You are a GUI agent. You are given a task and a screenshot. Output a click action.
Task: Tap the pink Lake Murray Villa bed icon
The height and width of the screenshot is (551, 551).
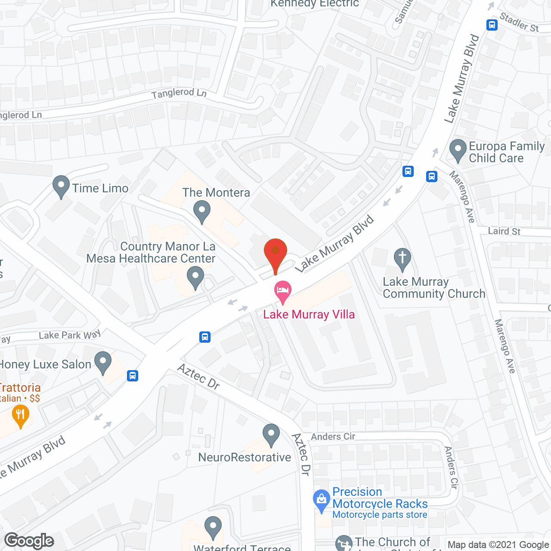(x=283, y=291)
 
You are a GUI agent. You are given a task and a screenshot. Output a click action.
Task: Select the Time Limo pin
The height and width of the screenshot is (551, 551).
(x=61, y=186)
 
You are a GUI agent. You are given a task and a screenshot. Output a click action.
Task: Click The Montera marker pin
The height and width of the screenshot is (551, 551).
(x=201, y=211)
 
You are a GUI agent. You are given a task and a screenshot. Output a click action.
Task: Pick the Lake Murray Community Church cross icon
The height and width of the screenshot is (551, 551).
(x=402, y=259)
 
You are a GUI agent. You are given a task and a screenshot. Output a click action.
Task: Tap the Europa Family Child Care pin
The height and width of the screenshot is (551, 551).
(x=458, y=150)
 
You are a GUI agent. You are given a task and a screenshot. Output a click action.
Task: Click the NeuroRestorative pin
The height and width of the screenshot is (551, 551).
(x=271, y=434)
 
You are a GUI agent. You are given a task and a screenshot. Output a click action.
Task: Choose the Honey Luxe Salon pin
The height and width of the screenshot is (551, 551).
(x=103, y=362)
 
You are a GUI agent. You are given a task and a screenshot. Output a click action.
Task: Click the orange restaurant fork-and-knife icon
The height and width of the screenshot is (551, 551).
(x=20, y=415)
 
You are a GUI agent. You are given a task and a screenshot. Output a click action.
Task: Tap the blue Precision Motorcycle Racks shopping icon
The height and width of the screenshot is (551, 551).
(x=321, y=500)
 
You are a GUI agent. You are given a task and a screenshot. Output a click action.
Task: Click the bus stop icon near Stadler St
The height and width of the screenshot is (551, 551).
(x=492, y=25)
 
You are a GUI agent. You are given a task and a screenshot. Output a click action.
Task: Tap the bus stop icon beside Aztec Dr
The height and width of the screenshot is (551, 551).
(x=205, y=337)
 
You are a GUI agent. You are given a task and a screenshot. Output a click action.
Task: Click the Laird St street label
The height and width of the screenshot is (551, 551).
(x=504, y=231)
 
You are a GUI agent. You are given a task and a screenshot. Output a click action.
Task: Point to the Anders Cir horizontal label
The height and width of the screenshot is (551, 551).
(x=333, y=436)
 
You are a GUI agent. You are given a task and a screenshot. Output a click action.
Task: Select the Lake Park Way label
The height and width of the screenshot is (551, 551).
(x=70, y=335)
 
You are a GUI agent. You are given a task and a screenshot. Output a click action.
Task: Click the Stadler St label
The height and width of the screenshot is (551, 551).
(x=519, y=22)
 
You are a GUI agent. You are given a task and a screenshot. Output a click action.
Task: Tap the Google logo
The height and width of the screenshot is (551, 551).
(x=29, y=541)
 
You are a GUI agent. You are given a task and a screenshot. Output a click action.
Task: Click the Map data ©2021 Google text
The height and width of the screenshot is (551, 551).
(x=498, y=545)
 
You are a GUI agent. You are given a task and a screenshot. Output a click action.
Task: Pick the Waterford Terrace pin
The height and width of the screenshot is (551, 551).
(x=213, y=527)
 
